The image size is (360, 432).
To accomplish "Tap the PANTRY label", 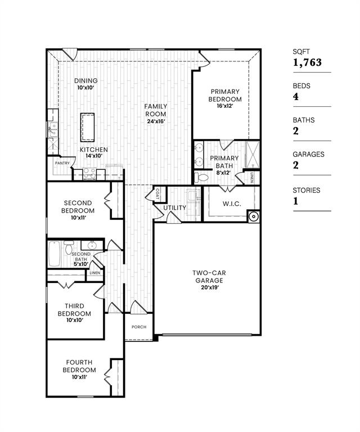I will point(62,163).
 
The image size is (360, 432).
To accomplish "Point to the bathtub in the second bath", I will point(55,254).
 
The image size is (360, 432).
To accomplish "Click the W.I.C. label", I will point(231,204).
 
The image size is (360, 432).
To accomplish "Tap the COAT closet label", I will point(156,193).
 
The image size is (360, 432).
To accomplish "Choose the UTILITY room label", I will point(175,208).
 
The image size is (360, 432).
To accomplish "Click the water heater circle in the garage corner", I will point(254,216).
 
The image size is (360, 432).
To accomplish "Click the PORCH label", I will point(139,327).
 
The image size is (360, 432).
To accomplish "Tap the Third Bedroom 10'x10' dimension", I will point(74,320).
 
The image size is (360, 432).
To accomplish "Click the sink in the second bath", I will point(91,245).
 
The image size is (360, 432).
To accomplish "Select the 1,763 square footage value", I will point(308,62).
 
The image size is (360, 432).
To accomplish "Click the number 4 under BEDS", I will point(295,97).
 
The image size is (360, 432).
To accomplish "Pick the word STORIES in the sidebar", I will point(307,190).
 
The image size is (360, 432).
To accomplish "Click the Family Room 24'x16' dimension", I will point(156,121).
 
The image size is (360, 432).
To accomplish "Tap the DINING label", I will point(86,80).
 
